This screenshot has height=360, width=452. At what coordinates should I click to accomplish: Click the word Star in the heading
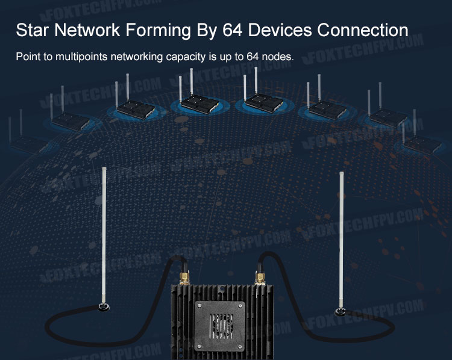pos(33,30)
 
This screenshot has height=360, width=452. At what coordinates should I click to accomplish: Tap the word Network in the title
pos(87,30)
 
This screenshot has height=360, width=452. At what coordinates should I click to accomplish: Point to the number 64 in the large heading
pos(233,30)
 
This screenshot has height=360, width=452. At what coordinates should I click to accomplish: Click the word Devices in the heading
pos(280,30)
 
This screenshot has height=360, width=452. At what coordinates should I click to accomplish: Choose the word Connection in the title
pos(363,30)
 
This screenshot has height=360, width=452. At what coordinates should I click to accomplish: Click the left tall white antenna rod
pos(104,235)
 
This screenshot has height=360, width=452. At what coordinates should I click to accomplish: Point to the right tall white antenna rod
pos(341,240)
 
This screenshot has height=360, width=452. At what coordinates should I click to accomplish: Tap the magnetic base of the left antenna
pos(104,306)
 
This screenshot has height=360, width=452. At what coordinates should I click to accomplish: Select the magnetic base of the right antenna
pos(341,312)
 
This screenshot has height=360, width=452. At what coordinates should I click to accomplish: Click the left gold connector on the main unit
pos(184,277)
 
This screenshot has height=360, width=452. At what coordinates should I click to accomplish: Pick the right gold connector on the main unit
pos(260,278)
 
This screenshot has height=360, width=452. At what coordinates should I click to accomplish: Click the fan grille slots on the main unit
pos(221,326)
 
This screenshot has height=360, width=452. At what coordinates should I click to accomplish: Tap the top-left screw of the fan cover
pos(199,305)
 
